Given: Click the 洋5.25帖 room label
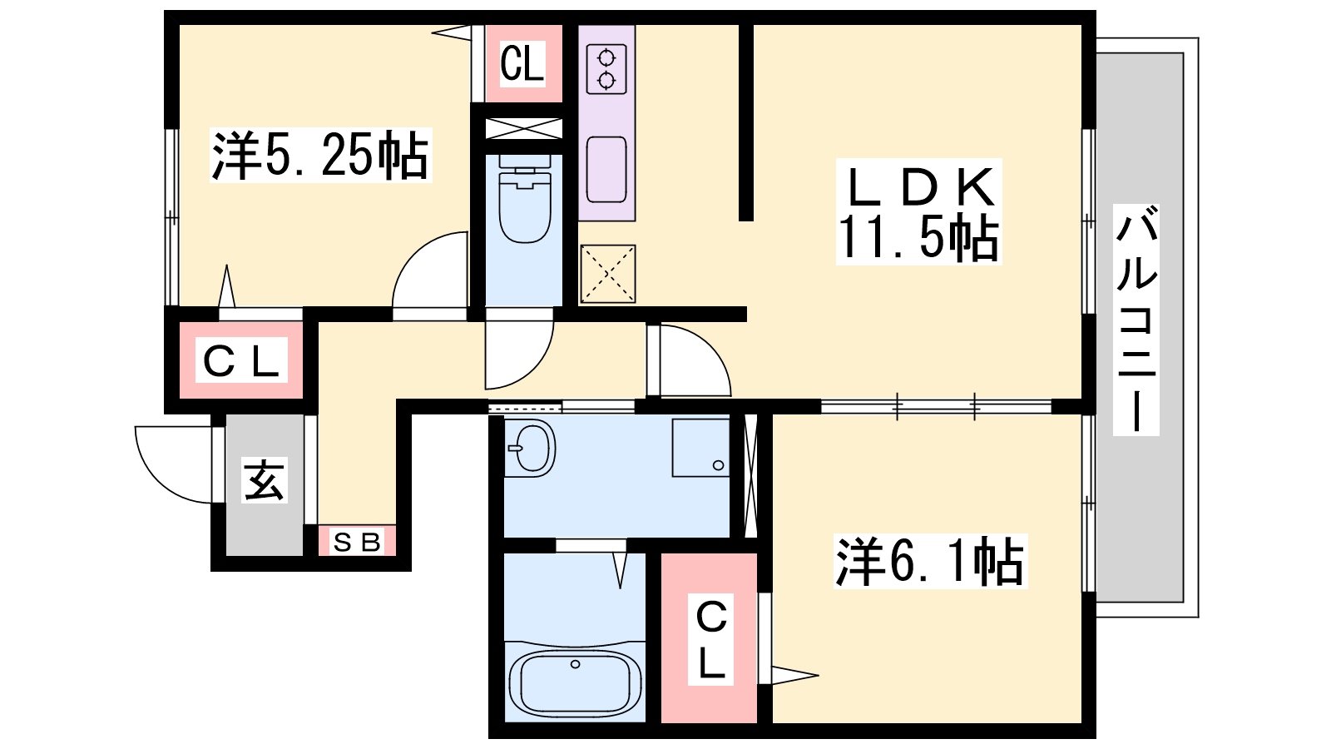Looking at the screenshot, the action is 320,155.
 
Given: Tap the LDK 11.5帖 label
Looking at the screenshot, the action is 918,211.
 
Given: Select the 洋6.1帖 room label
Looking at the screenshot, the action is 931,561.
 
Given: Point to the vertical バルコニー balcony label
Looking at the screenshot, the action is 1136,320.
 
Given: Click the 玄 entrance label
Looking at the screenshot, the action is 265,479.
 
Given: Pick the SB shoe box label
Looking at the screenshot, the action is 357,542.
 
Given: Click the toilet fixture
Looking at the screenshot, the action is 524,199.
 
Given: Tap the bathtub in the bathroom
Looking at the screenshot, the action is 575,682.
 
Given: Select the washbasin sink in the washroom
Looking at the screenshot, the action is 530,449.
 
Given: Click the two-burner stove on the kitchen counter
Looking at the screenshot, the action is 606,69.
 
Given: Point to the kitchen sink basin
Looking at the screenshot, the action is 606,170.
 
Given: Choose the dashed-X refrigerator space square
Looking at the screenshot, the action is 608,274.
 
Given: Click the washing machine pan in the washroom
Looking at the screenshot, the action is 700,448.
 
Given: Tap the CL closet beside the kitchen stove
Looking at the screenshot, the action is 523,63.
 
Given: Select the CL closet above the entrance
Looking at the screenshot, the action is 241,360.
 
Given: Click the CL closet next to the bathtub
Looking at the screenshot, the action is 710,637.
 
